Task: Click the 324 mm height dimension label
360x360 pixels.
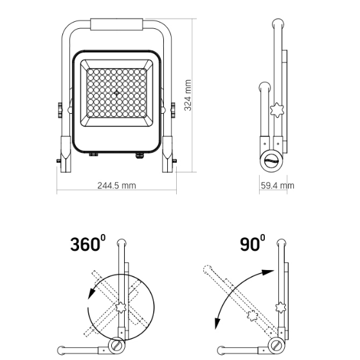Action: pyautogui.click(x=188, y=95)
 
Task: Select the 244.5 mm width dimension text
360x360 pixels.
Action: pyautogui.click(x=116, y=185)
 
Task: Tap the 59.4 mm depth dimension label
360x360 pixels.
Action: pyautogui.click(x=277, y=185)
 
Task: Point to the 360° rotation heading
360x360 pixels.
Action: pyautogui.click(x=88, y=244)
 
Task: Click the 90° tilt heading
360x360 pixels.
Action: pyautogui.click(x=252, y=244)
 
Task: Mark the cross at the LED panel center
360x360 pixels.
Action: pyautogui.click(x=117, y=94)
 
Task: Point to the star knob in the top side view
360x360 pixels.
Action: pyautogui.click(x=277, y=109)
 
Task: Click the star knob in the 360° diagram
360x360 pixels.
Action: pyautogui.click(x=120, y=309)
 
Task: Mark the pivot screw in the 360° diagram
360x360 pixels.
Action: pyautogui.click(x=118, y=346)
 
